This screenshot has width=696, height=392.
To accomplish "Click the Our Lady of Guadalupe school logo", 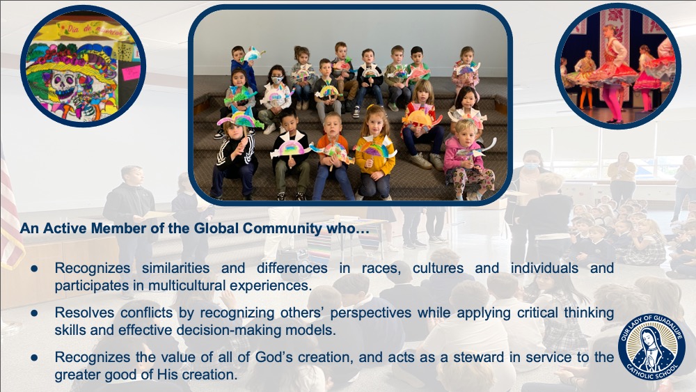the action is (651, 347).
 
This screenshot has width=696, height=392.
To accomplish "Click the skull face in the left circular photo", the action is (63, 84).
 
